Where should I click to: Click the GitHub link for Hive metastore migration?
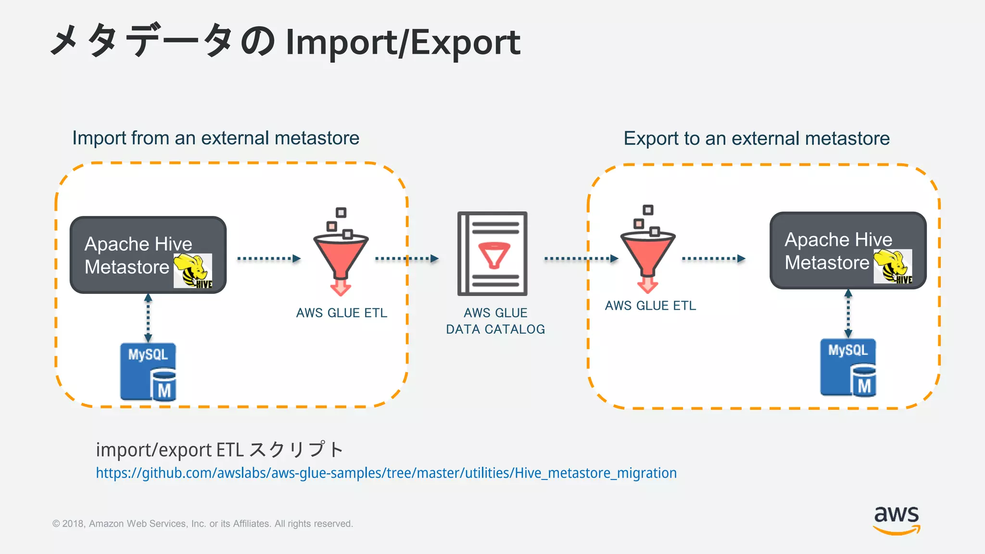pos(386,473)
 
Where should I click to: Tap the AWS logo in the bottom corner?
pos(897,520)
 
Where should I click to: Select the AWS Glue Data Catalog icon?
pos(492,254)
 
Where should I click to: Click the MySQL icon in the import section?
pos(148,371)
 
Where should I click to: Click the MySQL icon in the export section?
pos(848,367)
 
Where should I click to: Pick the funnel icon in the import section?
pos(341,252)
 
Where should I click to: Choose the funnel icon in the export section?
pos(648,250)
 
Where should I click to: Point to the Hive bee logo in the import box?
pos(193,271)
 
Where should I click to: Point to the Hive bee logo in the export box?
pos(893,266)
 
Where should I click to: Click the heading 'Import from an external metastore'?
pos(215,138)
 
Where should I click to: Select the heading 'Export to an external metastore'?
pos(757,138)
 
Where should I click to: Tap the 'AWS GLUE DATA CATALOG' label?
pos(495,321)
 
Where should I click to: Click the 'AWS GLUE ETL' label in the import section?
pos(341,313)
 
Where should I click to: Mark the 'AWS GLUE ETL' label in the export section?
pos(650,306)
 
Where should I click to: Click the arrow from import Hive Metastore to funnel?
pos(269,259)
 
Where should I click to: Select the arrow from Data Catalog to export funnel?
pos(581,259)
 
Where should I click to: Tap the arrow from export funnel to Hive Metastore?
pos(714,259)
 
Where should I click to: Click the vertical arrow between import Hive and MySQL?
pos(148,318)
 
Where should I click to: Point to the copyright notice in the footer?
pos(202,524)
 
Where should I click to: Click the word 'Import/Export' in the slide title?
pos(403,42)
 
